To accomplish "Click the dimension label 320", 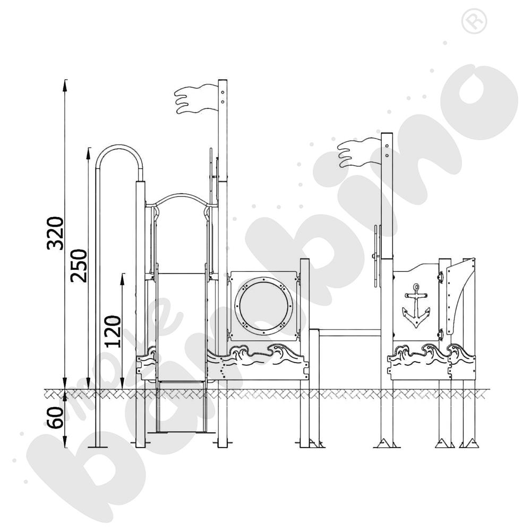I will point(55,233).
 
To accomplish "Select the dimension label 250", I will point(79,265).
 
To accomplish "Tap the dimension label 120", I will point(112,331).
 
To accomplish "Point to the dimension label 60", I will point(55,415).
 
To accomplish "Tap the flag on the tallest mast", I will point(195,99).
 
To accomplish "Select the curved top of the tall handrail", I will point(119,150).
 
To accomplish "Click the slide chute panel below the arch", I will point(181,324).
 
